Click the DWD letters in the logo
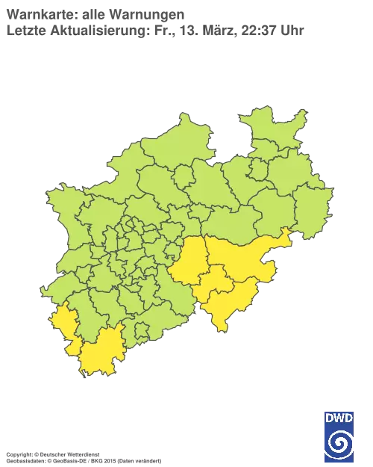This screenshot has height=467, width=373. pos(339,416)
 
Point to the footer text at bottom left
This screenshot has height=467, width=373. pos(82,454)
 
